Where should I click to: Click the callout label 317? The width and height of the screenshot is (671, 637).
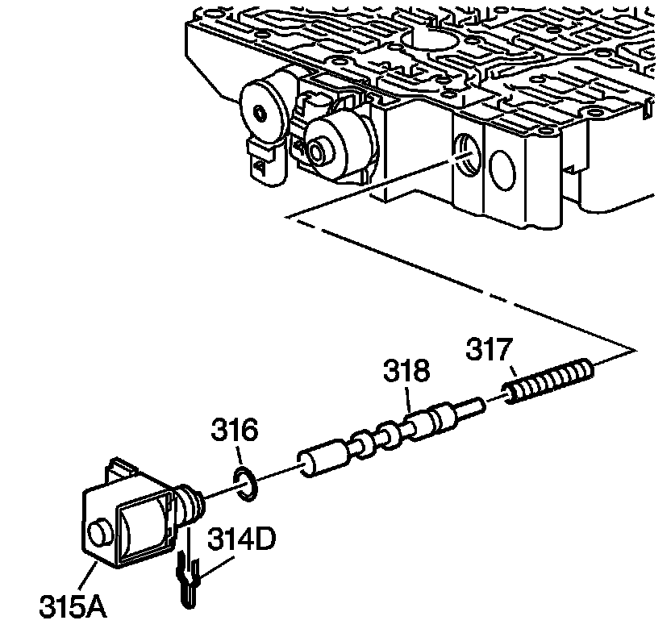point(490,352)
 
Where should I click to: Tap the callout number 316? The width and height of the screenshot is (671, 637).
point(235,431)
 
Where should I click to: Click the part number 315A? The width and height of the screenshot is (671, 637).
point(73,606)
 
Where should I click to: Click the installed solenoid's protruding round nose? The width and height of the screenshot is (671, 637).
point(316,149)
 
